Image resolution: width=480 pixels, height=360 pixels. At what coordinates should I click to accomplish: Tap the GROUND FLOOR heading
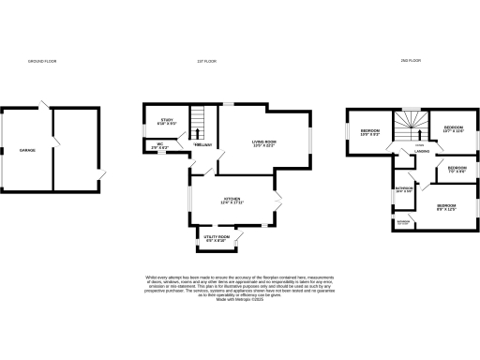(42, 61)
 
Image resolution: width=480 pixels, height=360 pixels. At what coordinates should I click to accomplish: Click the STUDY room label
(168, 121)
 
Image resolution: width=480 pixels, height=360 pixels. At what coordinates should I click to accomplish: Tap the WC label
(148, 144)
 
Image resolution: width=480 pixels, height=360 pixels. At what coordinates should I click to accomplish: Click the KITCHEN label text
(232, 200)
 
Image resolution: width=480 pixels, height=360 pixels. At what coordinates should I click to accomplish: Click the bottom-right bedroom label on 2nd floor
(445, 206)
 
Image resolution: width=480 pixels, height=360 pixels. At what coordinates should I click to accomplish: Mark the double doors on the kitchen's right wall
(278, 199)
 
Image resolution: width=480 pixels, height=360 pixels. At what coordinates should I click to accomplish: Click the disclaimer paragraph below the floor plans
(239, 288)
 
